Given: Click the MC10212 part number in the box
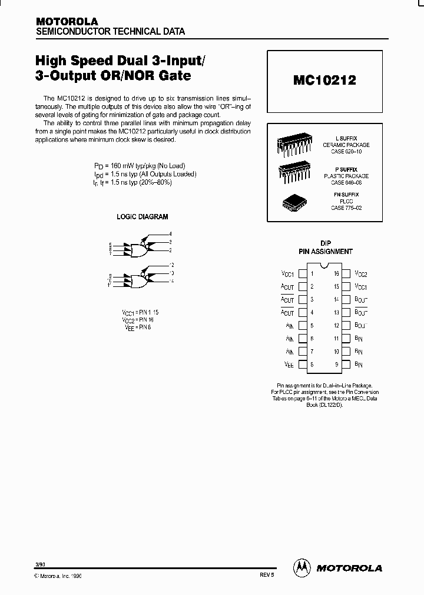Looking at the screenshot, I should [x=324, y=81].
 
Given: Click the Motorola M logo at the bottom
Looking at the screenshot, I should [x=302, y=567].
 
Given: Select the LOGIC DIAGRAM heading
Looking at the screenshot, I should [x=143, y=217].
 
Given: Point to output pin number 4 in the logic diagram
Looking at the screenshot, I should [x=170, y=234].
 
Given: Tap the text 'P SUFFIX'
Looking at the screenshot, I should [x=347, y=169].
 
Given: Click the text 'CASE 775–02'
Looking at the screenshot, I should [x=346, y=208].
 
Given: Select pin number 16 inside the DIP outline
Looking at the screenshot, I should [x=336, y=274].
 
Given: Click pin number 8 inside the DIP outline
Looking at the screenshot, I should [x=312, y=365].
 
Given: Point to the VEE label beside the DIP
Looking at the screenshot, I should [x=288, y=365].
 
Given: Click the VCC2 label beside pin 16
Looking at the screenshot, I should [x=361, y=274].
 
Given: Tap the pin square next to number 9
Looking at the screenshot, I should [x=346, y=365].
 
